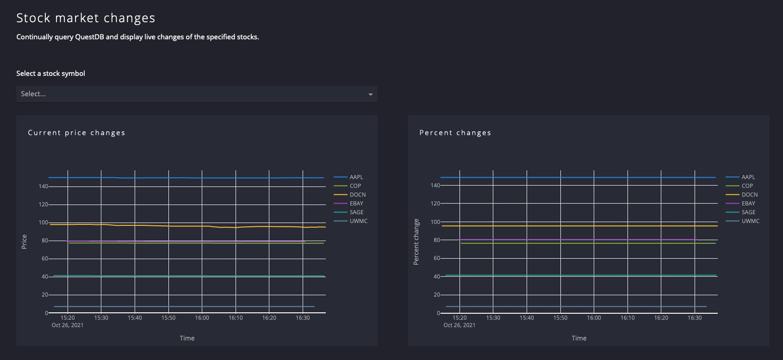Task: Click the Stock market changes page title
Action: click(x=86, y=18)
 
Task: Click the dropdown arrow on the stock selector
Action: click(x=370, y=94)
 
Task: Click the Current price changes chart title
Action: click(x=76, y=133)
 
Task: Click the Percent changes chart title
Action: click(x=455, y=133)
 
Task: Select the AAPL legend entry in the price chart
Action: click(x=356, y=177)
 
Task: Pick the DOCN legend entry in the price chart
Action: click(x=357, y=195)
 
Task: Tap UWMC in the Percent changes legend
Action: click(x=750, y=221)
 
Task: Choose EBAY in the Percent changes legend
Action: click(x=748, y=204)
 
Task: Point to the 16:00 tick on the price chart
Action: click(x=202, y=318)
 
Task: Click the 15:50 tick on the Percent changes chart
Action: click(x=560, y=318)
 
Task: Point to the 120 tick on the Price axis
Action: click(x=43, y=205)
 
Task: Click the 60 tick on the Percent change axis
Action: click(x=436, y=258)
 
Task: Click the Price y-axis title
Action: click(x=24, y=242)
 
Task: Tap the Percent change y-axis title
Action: click(x=416, y=242)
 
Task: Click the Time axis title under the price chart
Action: click(x=187, y=338)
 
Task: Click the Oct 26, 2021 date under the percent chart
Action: click(x=459, y=325)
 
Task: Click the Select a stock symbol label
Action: click(x=50, y=74)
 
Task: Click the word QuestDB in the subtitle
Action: click(x=89, y=37)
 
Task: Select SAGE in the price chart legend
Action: click(x=356, y=212)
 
